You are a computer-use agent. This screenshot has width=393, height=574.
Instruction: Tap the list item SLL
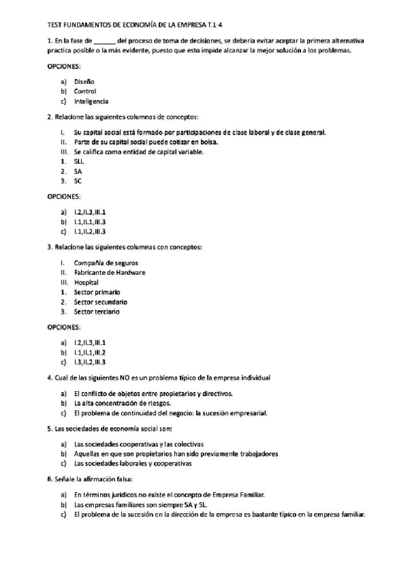79,162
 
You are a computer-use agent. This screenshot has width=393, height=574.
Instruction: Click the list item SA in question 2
78,171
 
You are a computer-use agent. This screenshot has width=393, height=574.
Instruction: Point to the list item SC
78,181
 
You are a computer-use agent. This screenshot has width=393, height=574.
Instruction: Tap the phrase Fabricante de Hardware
110,272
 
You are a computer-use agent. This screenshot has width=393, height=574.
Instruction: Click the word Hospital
86,282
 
